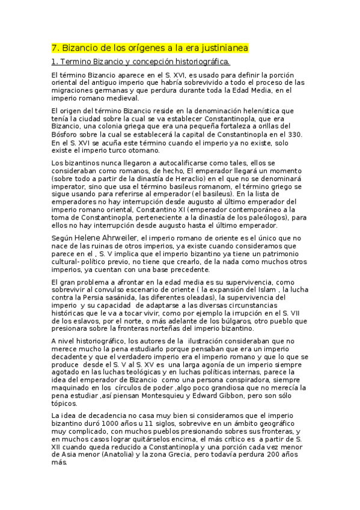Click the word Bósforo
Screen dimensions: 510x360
coord(66,134)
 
